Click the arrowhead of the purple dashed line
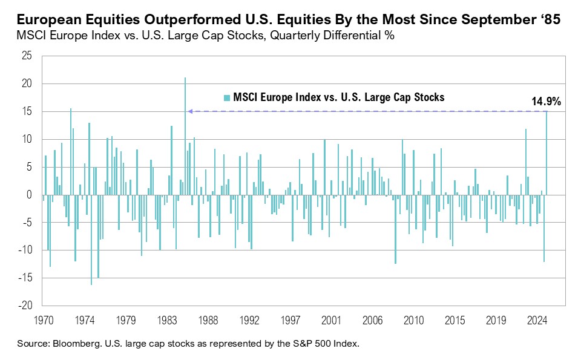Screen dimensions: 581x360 (189, 111)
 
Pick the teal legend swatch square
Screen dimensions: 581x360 (227, 97)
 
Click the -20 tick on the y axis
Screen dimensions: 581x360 (26, 306)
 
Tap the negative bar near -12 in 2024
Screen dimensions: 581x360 (544, 228)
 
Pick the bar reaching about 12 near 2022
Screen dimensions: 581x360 (525, 162)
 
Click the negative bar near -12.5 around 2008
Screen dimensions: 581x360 (395, 229)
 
